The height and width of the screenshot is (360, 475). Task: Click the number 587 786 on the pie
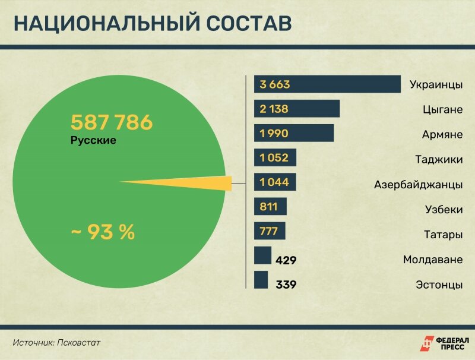tap(112, 123)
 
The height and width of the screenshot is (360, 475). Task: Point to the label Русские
tap(93, 141)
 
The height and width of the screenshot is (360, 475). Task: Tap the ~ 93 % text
tap(103, 232)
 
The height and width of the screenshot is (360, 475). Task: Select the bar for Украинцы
tap(327, 84)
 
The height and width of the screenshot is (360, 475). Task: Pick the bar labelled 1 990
tap(293, 134)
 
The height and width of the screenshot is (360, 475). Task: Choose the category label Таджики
tap(439, 159)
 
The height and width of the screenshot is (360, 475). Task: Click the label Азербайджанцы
tap(418, 184)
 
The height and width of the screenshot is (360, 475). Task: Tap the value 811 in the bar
tap(268, 207)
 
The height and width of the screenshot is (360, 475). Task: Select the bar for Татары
tap(270, 231)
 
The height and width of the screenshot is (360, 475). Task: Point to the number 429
tap(286, 260)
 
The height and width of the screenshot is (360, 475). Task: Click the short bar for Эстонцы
tap(261, 280)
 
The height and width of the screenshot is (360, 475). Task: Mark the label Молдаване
tap(432, 260)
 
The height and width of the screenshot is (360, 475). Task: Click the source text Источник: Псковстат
tap(57, 342)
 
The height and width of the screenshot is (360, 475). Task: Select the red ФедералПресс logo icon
tap(426, 343)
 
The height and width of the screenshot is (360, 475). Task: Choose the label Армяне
tap(442, 134)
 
